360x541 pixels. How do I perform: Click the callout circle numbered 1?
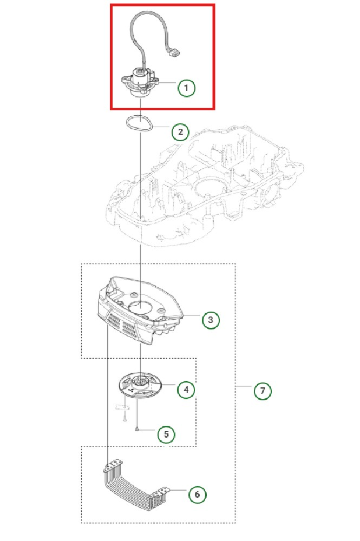pos(187,88)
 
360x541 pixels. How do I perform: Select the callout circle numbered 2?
pos(180,131)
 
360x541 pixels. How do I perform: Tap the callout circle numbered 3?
pos(211,320)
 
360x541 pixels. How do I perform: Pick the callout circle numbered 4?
pos(186,390)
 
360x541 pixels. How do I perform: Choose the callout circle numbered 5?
pos(166,434)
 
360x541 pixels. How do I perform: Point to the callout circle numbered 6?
pos(197,494)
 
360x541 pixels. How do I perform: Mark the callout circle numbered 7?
pos(263,390)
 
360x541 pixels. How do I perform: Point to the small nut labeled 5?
pos(138,428)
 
